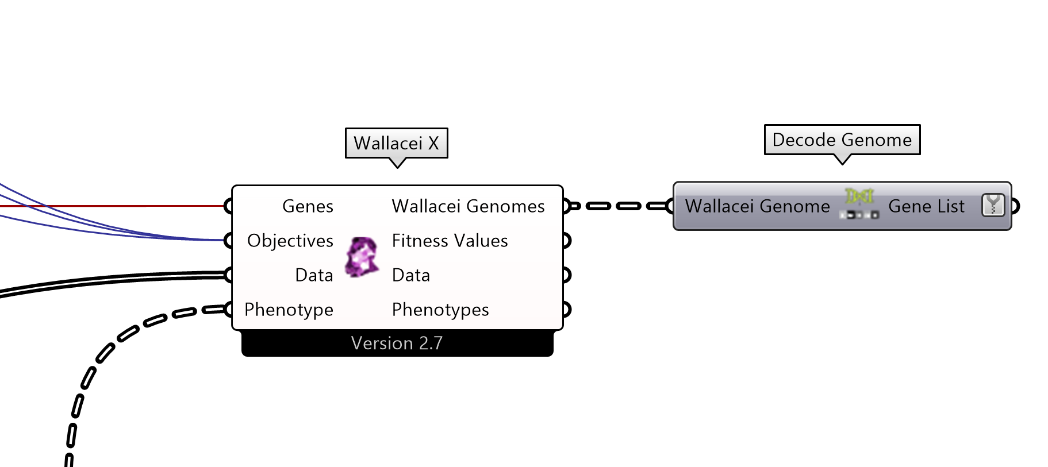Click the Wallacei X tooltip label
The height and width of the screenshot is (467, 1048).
pyautogui.click(x=396, y=143)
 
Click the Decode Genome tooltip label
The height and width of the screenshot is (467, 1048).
pyautogui.click(x=842, y=140)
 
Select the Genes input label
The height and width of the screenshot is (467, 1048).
pyautogui.click(x=308, y=206)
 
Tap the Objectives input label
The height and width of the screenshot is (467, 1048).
pyautogui.click(x=290, y=241)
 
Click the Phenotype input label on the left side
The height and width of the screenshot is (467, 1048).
pyautogui.click(x=289, y=310)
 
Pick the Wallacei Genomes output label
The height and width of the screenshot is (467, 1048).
pyautogui.click(x=468, y=206)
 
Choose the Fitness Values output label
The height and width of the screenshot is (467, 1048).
pyautogui.click(x=450, y=241)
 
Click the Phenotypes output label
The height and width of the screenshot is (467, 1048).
pyautogui.click(x=440, y=310)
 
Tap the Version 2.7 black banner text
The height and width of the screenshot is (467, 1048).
pyautogui.click(x=397, y=344)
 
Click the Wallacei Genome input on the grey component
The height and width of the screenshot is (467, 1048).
pyautogui.click(x=757, y=206)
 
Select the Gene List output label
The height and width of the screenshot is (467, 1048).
pyautogui.click(x=926, y=206)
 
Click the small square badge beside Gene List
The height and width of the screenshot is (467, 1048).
pyautogui.click(x=993, y=205)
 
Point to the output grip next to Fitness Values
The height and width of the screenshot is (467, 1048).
pyautogui.click(x=567, y=241)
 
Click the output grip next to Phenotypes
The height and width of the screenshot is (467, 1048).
pyautogui.click(x=567, y=310)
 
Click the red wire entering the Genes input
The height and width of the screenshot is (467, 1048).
pyautogui.click(x=115, y=206)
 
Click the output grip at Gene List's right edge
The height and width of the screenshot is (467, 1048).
pyautogui.click(x=1015, y=206)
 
